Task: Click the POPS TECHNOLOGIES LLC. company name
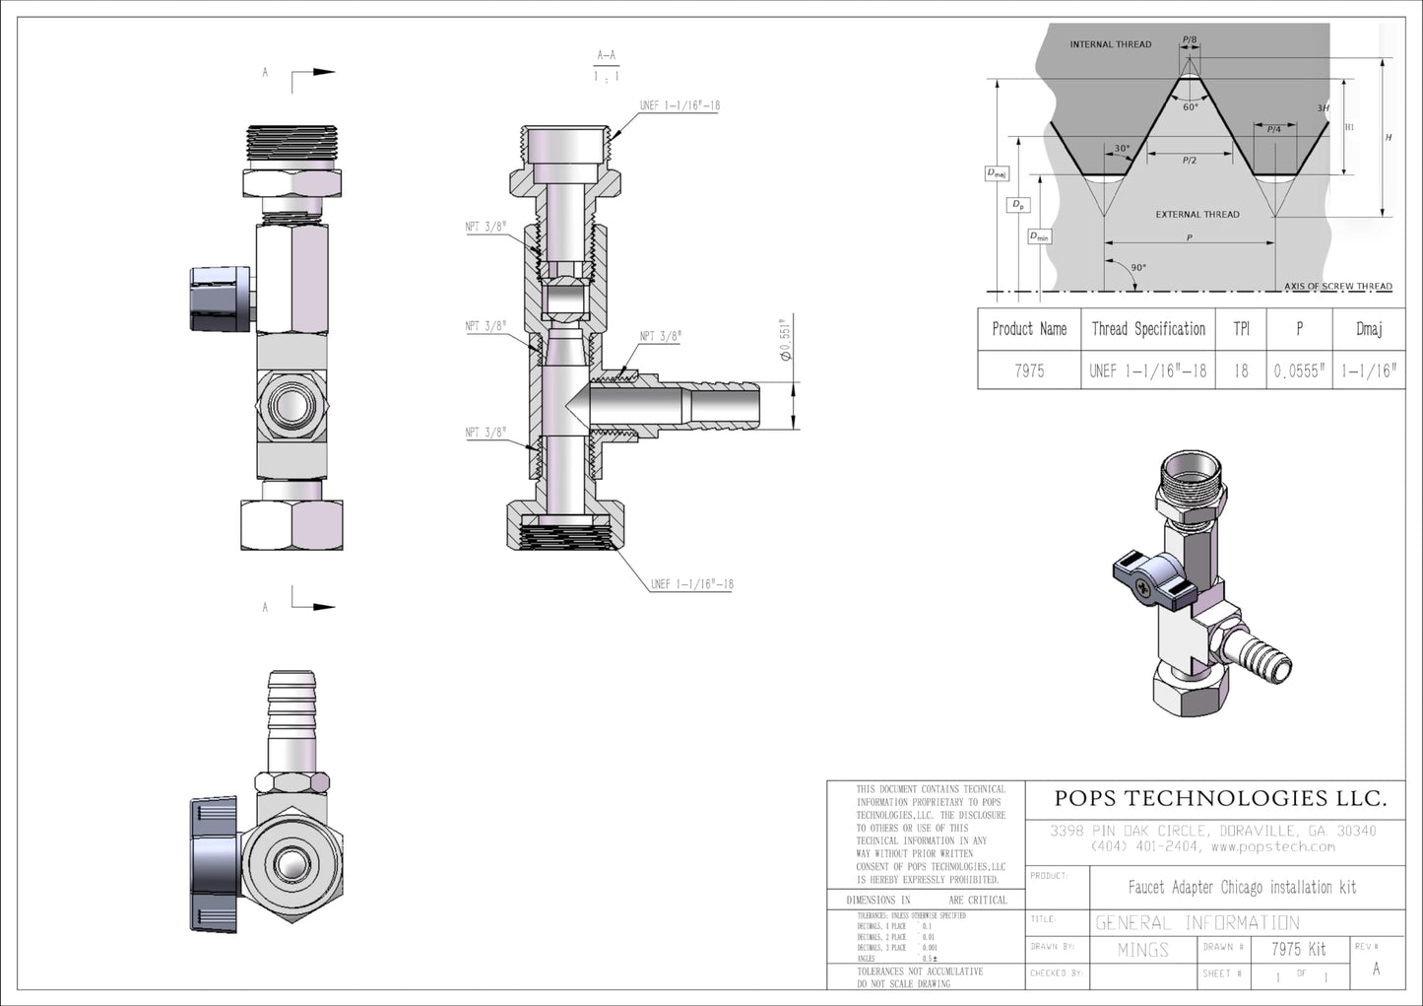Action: click(x=1220, y=798)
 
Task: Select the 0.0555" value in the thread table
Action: click(x=1299, y=371)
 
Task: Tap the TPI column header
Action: click(x=1241, y=329)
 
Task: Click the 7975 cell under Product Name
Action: click(x=1029, y=371)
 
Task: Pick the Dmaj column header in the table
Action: click(x=1369, y=329)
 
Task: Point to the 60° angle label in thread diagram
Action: click(x=1191, y=107)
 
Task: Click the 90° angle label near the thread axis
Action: click(x=1138, y=268)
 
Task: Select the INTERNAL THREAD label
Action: click(x=1110, y=44)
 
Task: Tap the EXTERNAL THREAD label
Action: click(x=1197, y=214)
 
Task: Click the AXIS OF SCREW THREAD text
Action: click(x=1337, y=287)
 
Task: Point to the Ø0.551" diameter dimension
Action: click(x=785, y=340)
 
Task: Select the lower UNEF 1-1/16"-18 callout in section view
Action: click(x=691, y=584)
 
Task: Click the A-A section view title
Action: click(x=607, y=56)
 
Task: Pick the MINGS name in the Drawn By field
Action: click(x=1142, y=950)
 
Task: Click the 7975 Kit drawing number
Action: click(x=1298, y=950)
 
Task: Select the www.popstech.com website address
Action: click(x=1272, y=846)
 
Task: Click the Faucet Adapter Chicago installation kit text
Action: click(x=1241, y=888)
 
